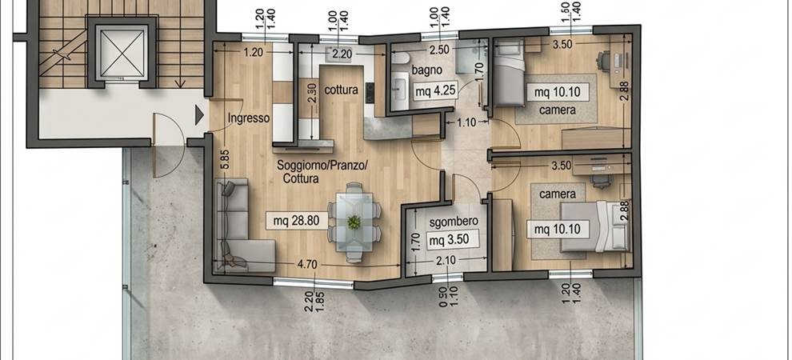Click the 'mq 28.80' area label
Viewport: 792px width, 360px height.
pos(297,221)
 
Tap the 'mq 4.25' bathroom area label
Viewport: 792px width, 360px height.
pos(435,91)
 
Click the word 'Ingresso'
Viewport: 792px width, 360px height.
pos(249,119)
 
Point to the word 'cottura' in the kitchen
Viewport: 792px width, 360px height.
pos(341,90)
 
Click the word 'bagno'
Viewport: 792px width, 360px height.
pos(426,70)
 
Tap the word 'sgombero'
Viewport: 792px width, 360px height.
pos(454,221)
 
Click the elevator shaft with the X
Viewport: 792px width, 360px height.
pos(122,53)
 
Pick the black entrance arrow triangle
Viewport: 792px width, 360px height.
pos(199,115)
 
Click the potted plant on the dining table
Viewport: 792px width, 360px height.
pos(354,222)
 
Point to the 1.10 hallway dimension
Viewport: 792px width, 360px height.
pos(467,122)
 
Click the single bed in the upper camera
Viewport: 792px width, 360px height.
pos(509,74)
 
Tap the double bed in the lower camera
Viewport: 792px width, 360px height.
pos(595,226)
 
